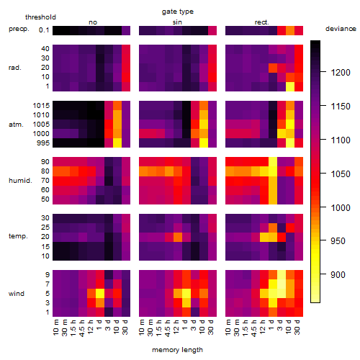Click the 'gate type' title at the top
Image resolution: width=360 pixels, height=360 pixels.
pyautogui.click(x=178, y=12)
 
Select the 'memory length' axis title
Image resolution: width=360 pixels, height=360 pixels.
pyautogui.click(x=177, y=350)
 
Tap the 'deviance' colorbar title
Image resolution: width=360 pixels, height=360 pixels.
pyautogui.click(x=341, y=29)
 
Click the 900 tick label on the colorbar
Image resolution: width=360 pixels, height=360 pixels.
pyautogui.click(x=338, y=274)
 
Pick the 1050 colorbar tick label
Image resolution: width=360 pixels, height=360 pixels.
pyautogui.click(x=341, y=174)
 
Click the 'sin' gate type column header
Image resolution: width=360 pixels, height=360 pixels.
pyautogui.click(x=177, y=22)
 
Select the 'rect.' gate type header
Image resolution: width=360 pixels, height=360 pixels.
pyautogui.click(x=262, y=22)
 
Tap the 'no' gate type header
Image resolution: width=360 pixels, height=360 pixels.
pyautogui.click(x=93, y=22)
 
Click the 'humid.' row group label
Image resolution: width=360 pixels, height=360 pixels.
pyautogui.click(x=20, y=181)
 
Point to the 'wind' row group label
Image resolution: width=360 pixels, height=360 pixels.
pyautogui.click(x=17, y=294)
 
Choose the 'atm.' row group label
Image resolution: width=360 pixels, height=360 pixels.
pyautogui.click(x=16, y=125)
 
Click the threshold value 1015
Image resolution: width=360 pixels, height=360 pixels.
pyautogui.click(x=41, y=105)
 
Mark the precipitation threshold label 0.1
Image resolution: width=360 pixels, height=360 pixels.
pyautogui.click(x=44, y=30)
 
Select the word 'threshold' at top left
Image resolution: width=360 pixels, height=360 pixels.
pyautogui.click(x=40, y=17)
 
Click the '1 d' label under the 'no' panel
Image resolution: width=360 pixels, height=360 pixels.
pyautogui.click(x=99, y=325)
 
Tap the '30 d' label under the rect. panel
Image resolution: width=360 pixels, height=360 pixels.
pyautogui.click(x=297, y=327)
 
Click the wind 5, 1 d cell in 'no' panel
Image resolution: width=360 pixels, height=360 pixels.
pyautogui.click(x=100, y=293)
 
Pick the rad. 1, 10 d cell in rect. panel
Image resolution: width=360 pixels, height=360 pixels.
pyautogui.click(x=290, y=86)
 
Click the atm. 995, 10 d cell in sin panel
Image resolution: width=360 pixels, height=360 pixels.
pyautogui.click(x=204, y=143)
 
